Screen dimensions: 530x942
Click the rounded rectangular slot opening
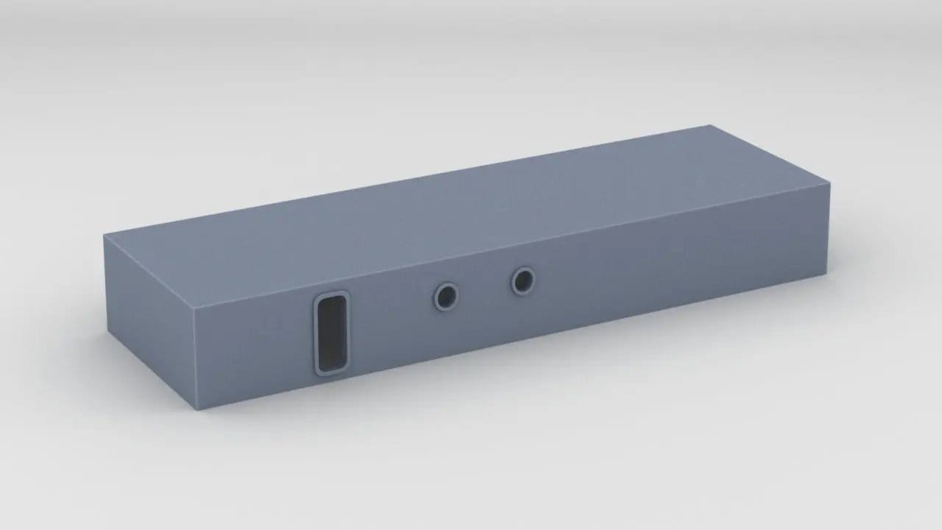point(331,333)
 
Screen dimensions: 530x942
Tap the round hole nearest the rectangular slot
point(445,297)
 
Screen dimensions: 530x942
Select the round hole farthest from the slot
point(523,280)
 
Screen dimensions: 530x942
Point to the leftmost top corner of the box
point(104,236)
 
